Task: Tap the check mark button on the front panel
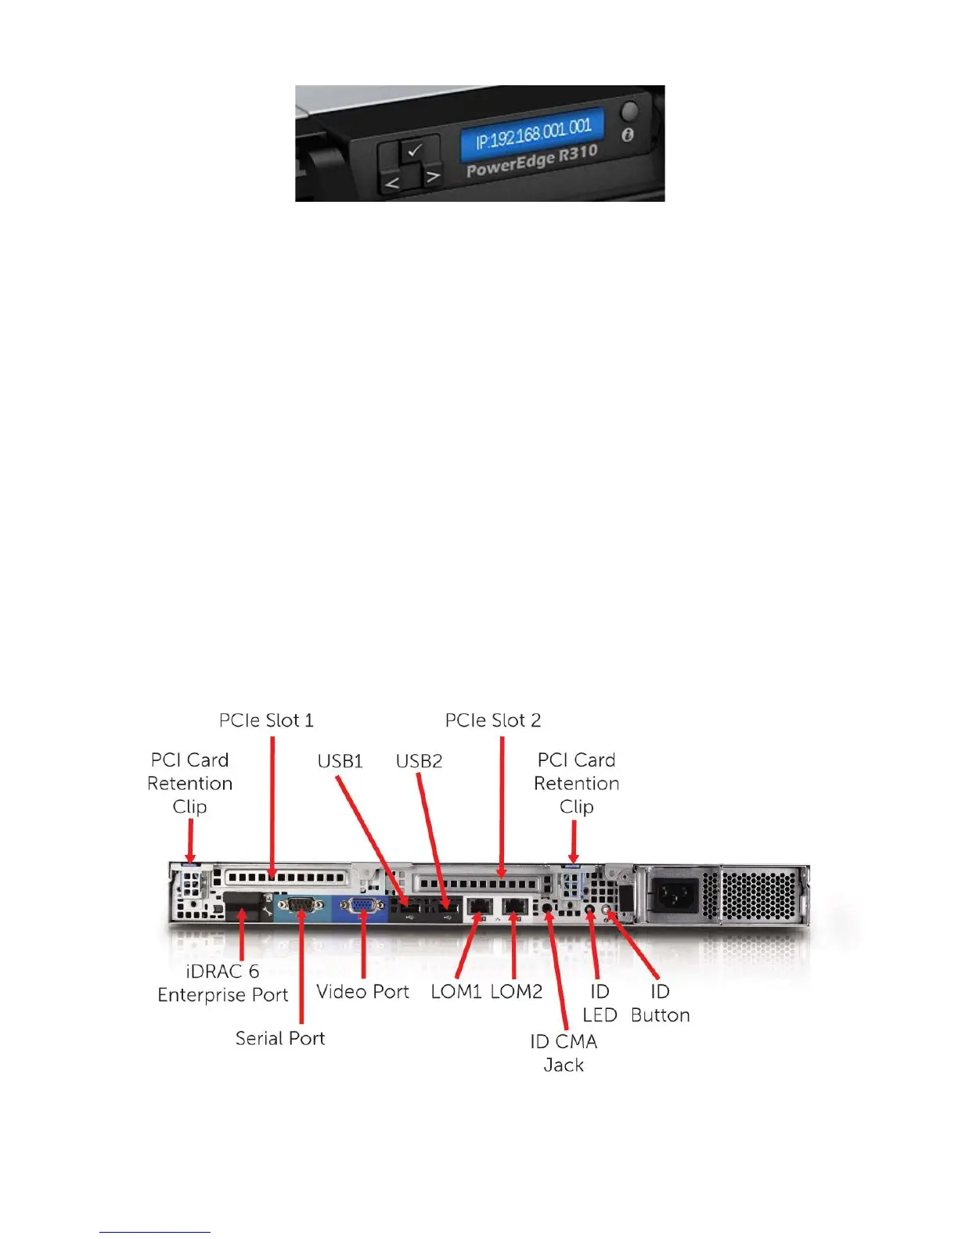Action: (x=415, y=149)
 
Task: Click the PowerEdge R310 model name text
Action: (x=531, y=161)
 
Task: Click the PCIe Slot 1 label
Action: (x=266, y=720)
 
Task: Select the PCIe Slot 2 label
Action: (x=493, y=720)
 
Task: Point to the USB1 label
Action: (x=340, y=761)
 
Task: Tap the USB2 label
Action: (x=419, y=761)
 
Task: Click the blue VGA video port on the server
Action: (x=362, y=907)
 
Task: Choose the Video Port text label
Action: (x=362, y=992)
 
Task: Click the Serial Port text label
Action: (x=280, y=1038)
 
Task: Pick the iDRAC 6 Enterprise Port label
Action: (x=223, y=983)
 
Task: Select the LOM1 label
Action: (x=456, y=992)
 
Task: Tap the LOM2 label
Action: (x=517, y=992)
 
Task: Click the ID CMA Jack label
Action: (x=564, y=1053)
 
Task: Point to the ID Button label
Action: (x=660, y=1003)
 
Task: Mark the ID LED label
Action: (x=600, y=1003)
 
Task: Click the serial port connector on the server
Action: (x=301, y=907)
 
